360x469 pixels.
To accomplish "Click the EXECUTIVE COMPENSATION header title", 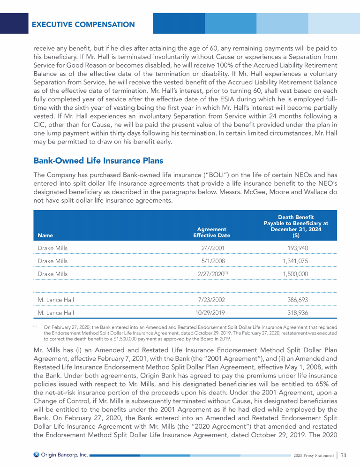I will (83, 24).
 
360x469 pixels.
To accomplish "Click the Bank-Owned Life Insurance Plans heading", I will (98, 161).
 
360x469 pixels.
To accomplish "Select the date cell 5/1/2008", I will (207, 260).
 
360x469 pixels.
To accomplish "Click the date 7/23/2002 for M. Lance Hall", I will (207, 299).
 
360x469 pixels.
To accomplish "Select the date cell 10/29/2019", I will (207, 311).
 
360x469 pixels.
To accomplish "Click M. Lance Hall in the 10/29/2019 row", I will (56, 311).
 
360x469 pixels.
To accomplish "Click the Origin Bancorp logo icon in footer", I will (37, 454).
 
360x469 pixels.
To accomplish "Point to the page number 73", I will (344, 454).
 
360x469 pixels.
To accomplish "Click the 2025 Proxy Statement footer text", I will (313, 455).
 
